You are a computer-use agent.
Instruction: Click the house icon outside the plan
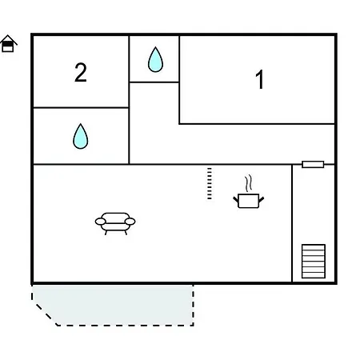(9, 43)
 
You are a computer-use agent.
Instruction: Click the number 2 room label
(81, 72)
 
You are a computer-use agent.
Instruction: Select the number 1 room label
(259, 79)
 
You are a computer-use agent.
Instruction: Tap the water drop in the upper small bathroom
(155, 59)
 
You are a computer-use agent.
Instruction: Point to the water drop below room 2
(81, 136)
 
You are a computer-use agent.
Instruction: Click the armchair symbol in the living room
(115, 223)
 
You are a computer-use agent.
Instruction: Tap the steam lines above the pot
(249, 183)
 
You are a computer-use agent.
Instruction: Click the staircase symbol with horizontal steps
(314, 262)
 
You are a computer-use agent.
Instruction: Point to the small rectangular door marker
(313, 164)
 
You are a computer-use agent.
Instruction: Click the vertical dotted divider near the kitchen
(210, 183)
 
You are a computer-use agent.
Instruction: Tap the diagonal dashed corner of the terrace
(46, 314)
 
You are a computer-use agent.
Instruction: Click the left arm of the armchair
(100, 222)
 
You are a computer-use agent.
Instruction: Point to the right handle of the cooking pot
(262, 199)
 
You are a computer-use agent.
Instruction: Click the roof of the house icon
(9, 39)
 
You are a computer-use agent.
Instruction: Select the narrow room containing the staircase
(314, 223)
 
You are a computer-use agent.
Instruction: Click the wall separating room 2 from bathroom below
(81, 108)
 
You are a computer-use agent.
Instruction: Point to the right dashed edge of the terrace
(193, 305)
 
